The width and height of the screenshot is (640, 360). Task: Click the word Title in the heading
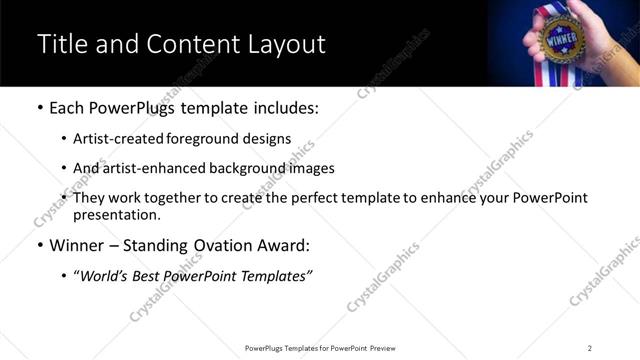click(62, 45)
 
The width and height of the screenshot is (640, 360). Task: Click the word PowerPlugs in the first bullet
click(135, 106)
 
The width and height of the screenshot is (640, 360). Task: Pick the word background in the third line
click(255, 168)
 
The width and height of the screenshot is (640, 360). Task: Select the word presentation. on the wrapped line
click(116, 215)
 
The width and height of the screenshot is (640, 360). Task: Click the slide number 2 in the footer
click(590, 347)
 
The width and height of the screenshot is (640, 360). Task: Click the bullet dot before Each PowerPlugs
click(39, 107)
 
